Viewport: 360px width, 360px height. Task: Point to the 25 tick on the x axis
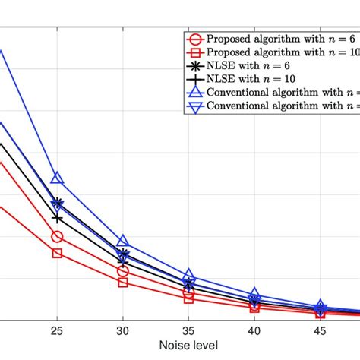pyautogui.click(x=57, y=331)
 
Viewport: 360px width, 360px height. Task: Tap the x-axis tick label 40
pyautogui.click(x=254, y=331)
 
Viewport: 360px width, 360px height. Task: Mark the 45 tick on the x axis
pyautogui.click(x=321, y=331)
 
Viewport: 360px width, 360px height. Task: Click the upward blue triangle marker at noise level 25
pyautogui.click(x=57, y=178)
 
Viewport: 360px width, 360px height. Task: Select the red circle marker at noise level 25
pyautogui.click(x=57, y=237)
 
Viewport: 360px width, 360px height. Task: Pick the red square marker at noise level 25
pyautogui.click(x=57, y=253)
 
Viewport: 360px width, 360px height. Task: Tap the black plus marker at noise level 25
pyautogui.click(x=57, y=218)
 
